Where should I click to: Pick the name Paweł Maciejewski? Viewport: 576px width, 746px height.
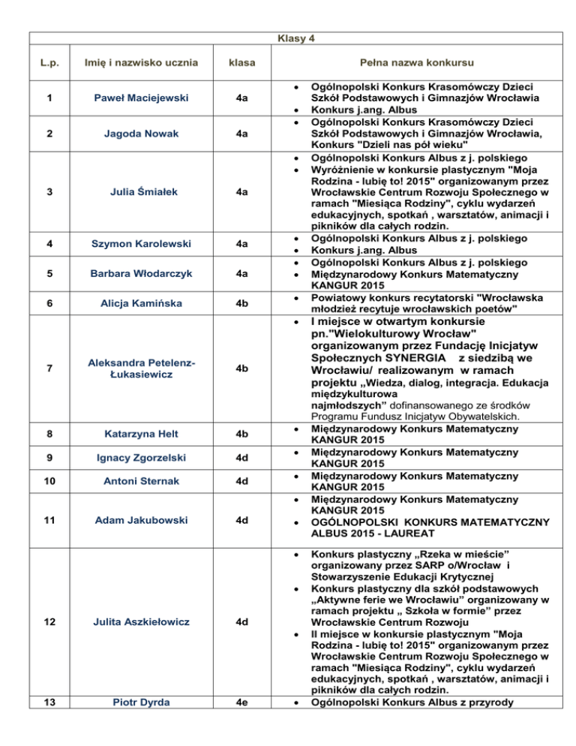pos(141,98)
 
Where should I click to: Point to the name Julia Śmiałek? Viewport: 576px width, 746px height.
pos(141,191)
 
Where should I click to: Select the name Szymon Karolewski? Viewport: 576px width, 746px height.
pos(141,244)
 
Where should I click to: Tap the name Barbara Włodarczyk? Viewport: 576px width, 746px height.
pos(141,273)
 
